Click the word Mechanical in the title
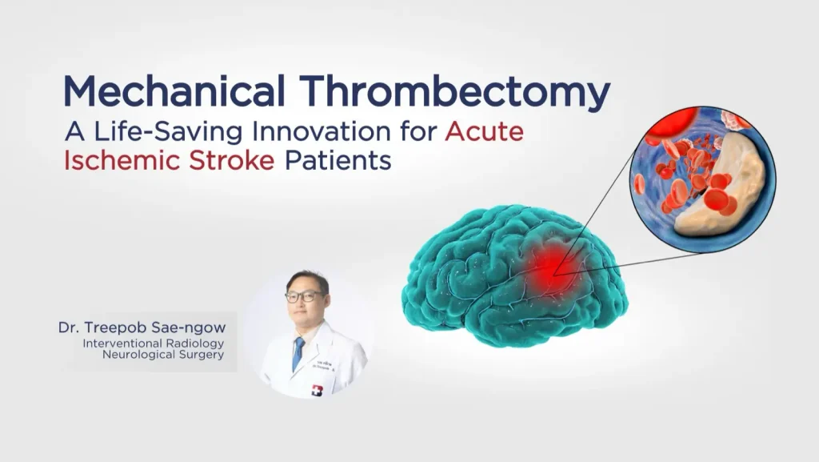[x=174, y=90]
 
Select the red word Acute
[x=484, y=131]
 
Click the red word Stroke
[x=231, y=160]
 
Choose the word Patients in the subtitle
[x=338, y=160]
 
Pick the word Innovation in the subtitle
[x=322, y=131]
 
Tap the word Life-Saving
[x=168, y=131]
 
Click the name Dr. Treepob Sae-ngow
[x=142, y=327]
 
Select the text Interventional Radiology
[x=153, y=343]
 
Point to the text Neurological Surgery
[x=163, y=355]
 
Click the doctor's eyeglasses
[x=303, y=296]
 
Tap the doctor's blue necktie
[x=298, y=353]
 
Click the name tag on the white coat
[x=325, y=364]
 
